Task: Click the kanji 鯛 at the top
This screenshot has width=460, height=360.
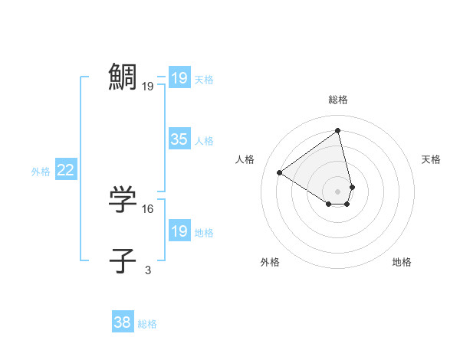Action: (x=123, y=77)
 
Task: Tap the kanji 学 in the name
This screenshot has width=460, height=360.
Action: (x=123, y=200)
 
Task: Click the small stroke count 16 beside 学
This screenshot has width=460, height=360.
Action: (x=148, y=208)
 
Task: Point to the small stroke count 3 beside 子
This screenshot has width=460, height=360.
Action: (x=148, y=270)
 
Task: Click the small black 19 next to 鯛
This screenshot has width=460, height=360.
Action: (x=148, y=87)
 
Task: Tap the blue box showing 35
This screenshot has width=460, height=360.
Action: (x=179, y=139)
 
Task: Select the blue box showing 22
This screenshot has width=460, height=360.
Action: (x=66, y=170)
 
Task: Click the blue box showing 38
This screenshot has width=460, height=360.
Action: (x=122, y=322)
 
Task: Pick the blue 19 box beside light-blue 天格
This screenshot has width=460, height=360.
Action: (x=179, y=78)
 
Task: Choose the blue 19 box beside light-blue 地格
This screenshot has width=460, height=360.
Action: (x=179, y=231)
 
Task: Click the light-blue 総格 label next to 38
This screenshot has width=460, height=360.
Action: (x=147, y=324)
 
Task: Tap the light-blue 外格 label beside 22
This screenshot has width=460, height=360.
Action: (x=41, y=172)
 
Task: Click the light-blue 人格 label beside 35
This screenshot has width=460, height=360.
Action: (x=204, y=141)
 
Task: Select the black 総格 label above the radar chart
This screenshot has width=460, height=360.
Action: (x=338, y=100)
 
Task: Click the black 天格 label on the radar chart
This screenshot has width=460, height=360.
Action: (x=432, y=159)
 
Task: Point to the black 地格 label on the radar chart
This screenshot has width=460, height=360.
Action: (x=402, y=262)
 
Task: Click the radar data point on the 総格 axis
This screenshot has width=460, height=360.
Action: (x=338, y=131)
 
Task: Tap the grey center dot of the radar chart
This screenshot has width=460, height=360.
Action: (x=338, y=191)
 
